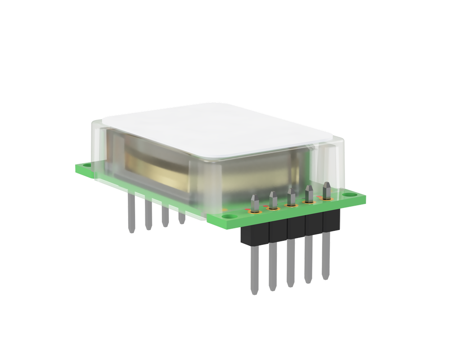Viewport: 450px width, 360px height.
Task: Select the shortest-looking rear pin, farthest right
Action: click(x=182, y=219)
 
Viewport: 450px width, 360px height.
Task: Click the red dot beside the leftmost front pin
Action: click(x=247, y=210)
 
